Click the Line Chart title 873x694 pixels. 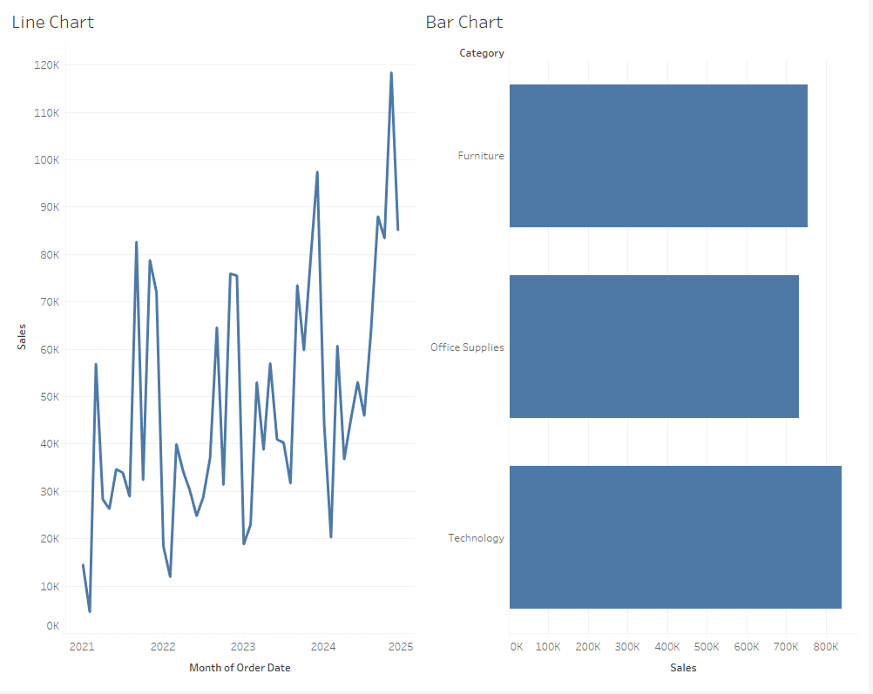[52, 23]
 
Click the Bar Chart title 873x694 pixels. [464, 23]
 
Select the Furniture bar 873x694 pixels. [658, 156]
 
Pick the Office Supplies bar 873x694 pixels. [653, 347]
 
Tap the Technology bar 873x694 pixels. [675, 537]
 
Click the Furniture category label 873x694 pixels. [481, 156]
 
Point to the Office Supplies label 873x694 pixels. [467, 347]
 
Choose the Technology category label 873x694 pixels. [476, 538]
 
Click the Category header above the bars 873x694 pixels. [482, 53]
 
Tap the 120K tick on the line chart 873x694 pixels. [47, 65]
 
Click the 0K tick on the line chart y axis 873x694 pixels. [52, 626]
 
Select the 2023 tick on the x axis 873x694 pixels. [243, 647]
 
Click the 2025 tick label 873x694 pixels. [401, 647]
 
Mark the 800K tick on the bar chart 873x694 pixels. [826, 647]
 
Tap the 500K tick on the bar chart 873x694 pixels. [707, 647]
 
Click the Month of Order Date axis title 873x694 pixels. [240, 668]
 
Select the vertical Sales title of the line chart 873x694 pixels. [21, 336]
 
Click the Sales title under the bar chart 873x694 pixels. [683, 668]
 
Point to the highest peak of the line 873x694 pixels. [391, 73]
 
